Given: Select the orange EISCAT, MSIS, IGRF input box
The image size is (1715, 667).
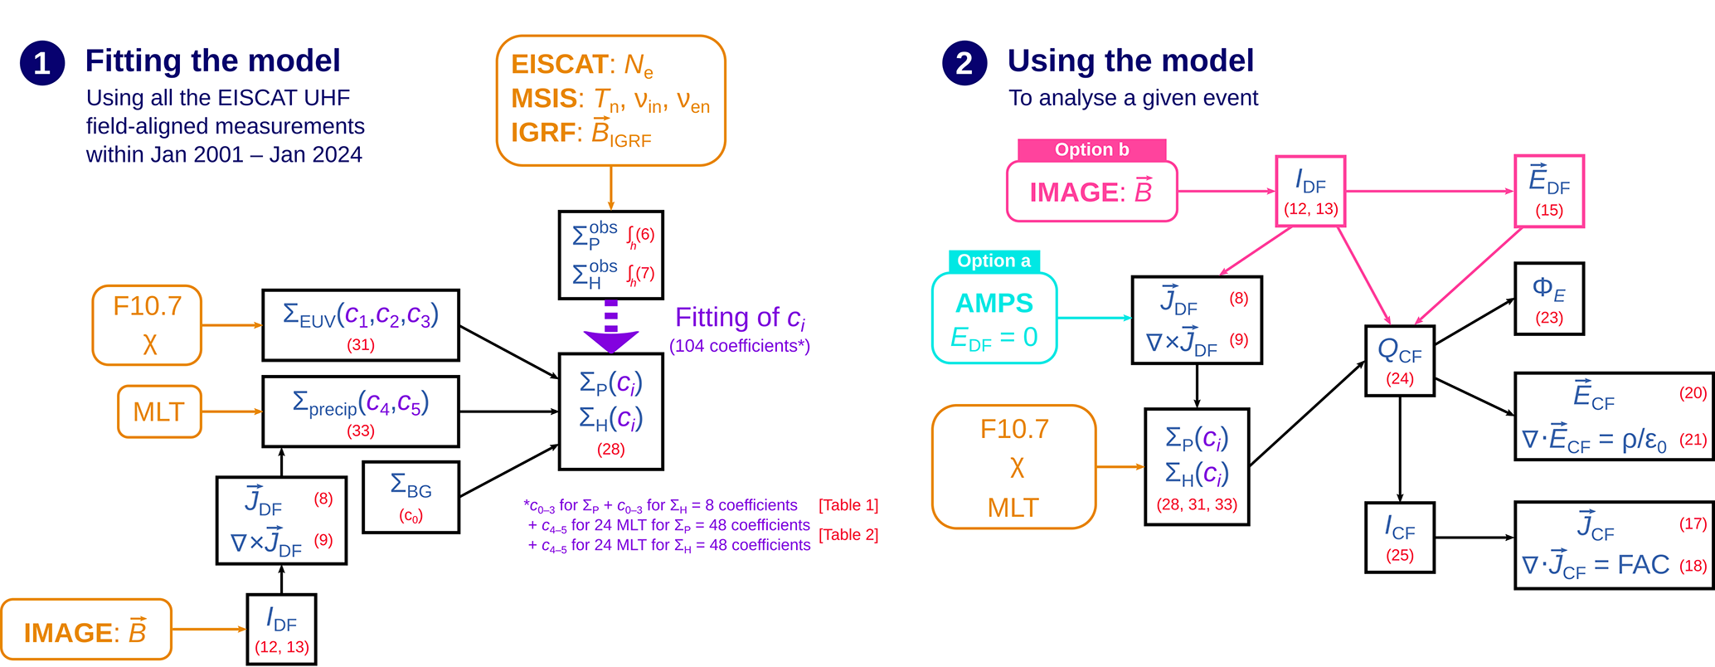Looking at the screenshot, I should point(610,100).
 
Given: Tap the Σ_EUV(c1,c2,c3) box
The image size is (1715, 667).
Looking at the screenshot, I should point(361,325).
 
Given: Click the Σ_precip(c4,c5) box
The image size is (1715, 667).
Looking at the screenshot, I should point(361,411).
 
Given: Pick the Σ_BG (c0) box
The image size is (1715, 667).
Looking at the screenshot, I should point(411,497).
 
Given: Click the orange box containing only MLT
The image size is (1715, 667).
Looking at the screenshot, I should point(159,411).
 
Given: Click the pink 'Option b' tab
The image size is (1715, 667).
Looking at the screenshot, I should point(1091,150).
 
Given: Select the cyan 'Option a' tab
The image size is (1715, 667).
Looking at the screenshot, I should point(994,261).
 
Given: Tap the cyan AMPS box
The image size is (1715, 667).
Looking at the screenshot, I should point(994,319).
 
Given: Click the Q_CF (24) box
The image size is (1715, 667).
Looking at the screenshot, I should point(1400,361).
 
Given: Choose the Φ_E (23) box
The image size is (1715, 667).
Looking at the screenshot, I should point(1548,299).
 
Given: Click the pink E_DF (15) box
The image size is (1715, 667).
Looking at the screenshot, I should point(1548,191).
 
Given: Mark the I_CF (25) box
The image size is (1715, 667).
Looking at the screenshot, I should point(1400,538).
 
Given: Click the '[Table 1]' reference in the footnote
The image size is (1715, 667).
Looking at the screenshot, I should point(848,505).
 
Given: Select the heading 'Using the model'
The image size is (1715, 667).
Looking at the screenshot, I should point(1130,61).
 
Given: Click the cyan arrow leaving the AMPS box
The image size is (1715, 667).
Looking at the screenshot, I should point(1094,318).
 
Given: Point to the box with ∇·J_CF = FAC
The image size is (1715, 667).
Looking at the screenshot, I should point(1614,545).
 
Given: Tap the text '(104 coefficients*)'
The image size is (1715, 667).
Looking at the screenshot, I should point(739,346).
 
